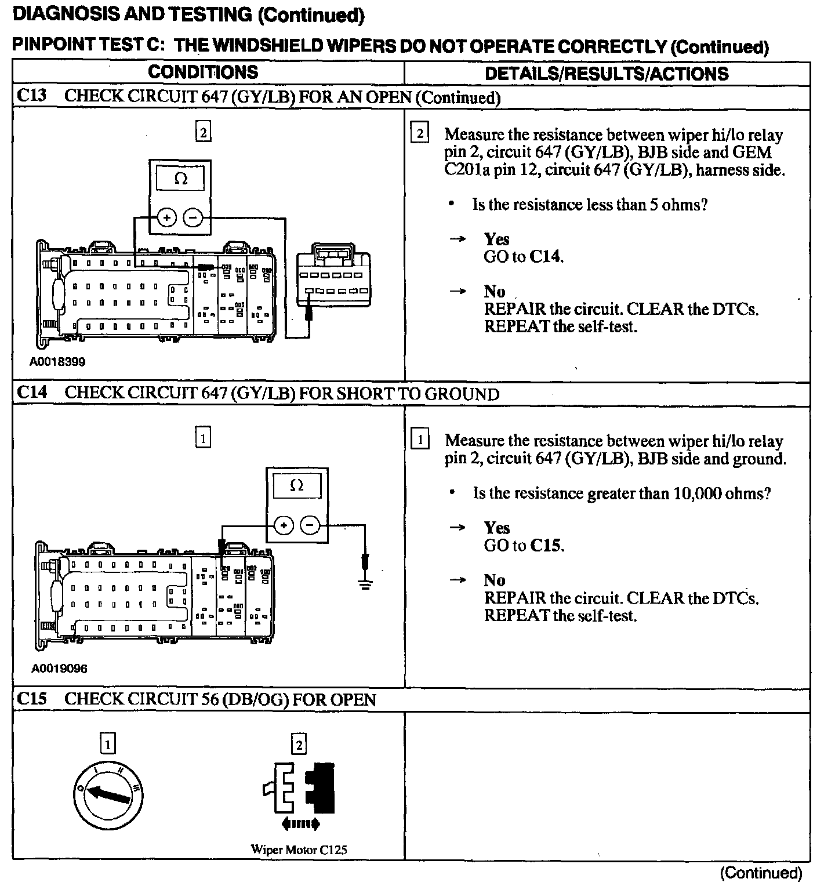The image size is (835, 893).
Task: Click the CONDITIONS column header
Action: coord(203,72)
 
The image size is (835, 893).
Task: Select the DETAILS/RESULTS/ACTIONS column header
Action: coord(607,74)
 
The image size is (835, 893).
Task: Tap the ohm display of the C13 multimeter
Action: coord(180,179)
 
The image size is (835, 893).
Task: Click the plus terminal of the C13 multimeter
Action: coord(167,218)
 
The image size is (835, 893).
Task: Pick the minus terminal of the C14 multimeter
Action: coord(311,525)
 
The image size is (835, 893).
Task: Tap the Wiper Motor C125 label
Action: coord(299,850)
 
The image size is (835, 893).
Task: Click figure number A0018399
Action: coord(58,362)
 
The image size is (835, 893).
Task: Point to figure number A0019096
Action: coord(59,669)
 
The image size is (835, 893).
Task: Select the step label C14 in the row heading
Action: coord(32,393)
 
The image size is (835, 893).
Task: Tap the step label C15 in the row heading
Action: coord(32,699)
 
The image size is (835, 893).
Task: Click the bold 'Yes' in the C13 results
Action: coord(497,239)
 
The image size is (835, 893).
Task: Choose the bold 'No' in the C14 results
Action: coord(495,580)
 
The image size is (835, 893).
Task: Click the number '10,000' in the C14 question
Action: coord(696,493)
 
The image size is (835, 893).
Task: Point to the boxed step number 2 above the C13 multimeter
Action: coord(203,133)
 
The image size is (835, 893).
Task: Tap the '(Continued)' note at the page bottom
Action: coord(761,873)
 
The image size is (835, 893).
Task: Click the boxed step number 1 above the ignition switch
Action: coord(107,744)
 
